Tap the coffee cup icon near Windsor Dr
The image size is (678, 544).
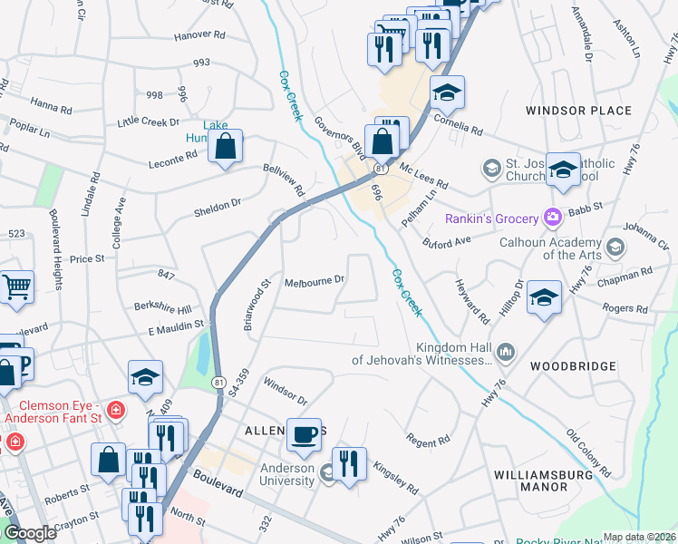tap(304, 433)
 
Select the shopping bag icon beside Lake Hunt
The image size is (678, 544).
tap(225, 145)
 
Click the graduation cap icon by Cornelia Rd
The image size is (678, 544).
tap(447, 92)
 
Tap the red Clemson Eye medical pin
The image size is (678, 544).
tap(115, 411)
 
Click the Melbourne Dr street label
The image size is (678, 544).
tap(315, 281)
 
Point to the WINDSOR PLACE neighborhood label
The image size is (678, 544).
tap(578, 111)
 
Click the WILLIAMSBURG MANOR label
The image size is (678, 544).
tap(544, 481)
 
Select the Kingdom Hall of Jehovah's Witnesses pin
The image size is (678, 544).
tap(506, 350)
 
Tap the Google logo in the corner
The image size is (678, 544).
tap(30, 533)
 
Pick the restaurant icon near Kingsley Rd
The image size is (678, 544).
tap(349, 463)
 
